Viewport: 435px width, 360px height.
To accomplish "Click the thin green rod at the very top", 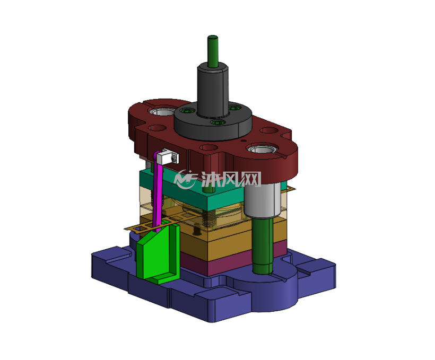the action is pyautogui.click(x=213, y=51).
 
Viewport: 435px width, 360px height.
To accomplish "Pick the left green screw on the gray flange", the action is pyautogui.click(x=185, y=111).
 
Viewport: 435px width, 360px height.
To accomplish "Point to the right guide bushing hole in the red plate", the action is pyautogui.click(x=262, y=149).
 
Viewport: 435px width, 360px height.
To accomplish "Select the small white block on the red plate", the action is pyautogui.click(x=167, y=157).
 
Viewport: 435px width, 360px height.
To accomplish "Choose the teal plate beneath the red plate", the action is pyautogui.click(x=192, y=191).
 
